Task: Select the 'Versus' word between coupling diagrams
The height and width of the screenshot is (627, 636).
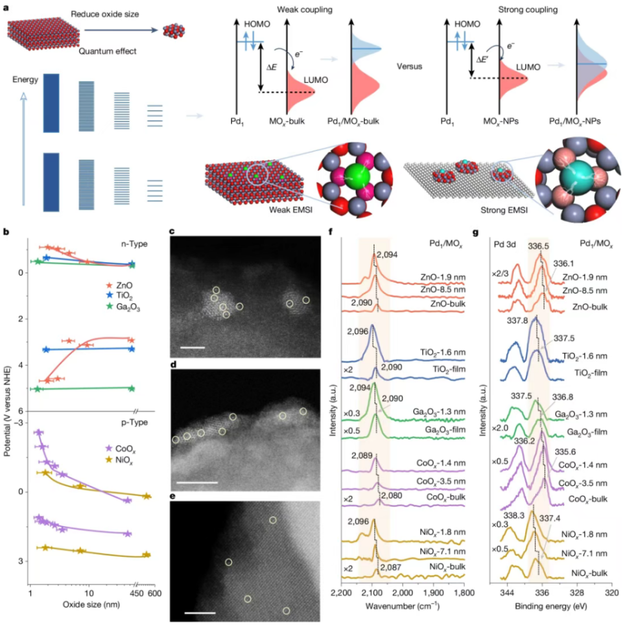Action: click(x=411, y=65)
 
